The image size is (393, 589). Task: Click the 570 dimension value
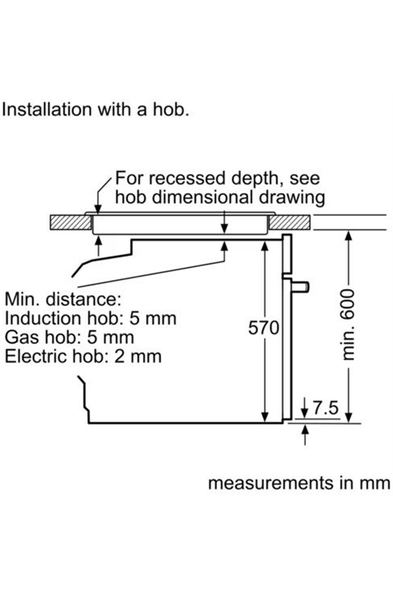[x=263, y=327]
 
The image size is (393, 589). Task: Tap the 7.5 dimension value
[x=325, y=408]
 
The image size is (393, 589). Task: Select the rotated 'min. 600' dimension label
[x=348, y=324]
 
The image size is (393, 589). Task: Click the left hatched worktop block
[x=71, y=222]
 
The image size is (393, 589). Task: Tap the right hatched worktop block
[x=290, y=222]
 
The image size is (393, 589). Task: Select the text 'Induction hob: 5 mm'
[x=90, y=318]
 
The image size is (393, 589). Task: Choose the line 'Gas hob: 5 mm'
[x=69, y=337]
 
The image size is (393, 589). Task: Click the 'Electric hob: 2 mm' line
[x=83, y=356]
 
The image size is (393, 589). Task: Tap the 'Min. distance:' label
[x=63, y=299]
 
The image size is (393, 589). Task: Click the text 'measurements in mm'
[x=299, y=483]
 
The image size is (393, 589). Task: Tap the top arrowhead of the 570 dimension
[x=265, y=246]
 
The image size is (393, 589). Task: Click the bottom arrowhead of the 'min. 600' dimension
[x=349, y=417]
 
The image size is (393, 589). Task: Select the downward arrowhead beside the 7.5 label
[x=305, y=412]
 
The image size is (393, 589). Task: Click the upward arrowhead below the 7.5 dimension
[x=306, y=429]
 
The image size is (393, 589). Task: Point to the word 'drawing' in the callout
[x=291, y=198]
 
